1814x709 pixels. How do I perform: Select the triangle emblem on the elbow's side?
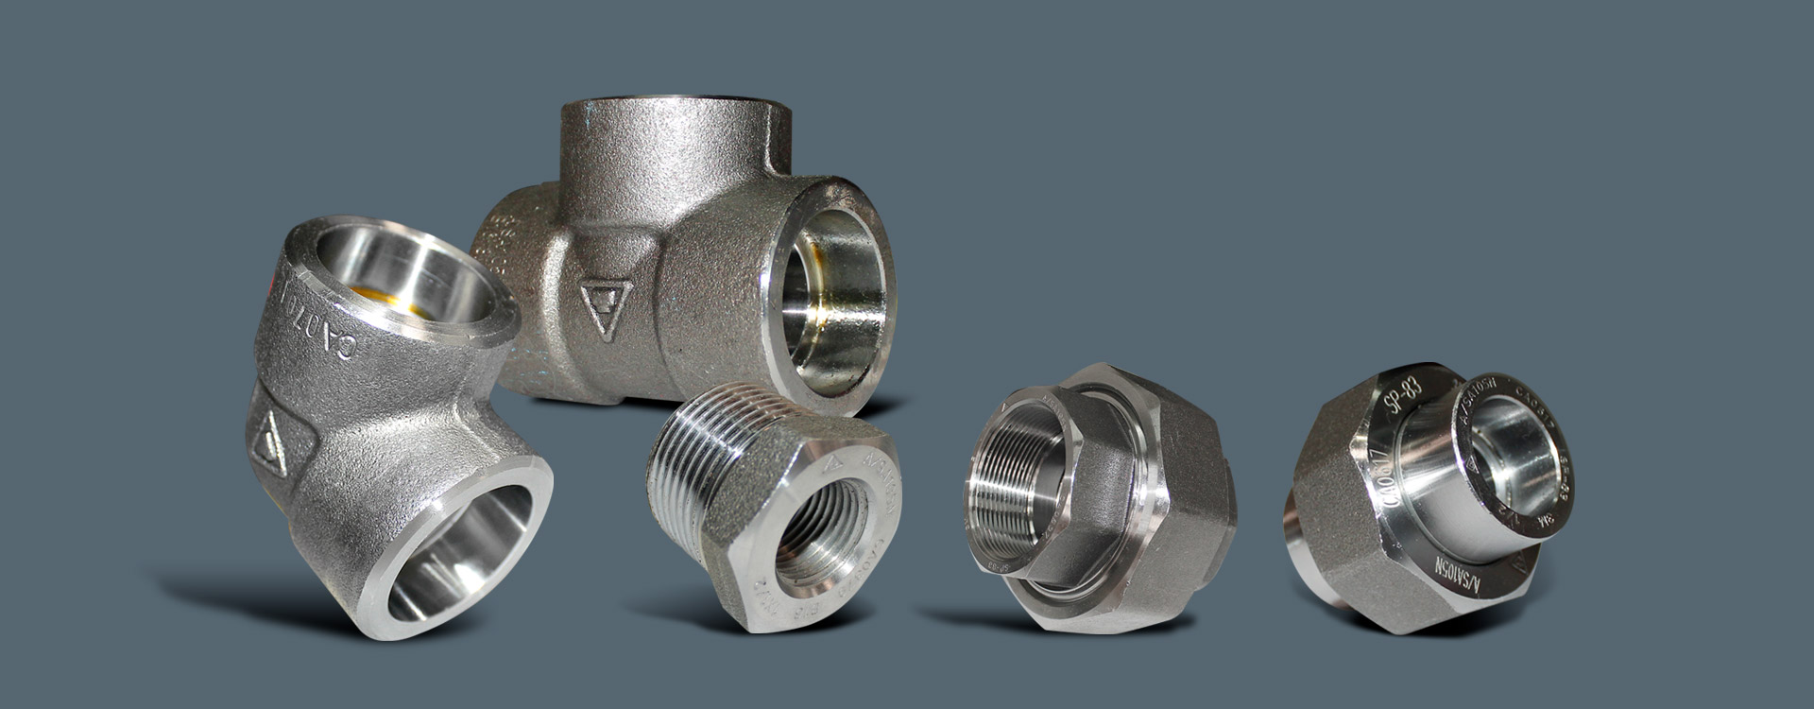pyautogui.click(x=271, y=441)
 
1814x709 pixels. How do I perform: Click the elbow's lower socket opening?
pyautogui.click(x=463, y=558)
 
